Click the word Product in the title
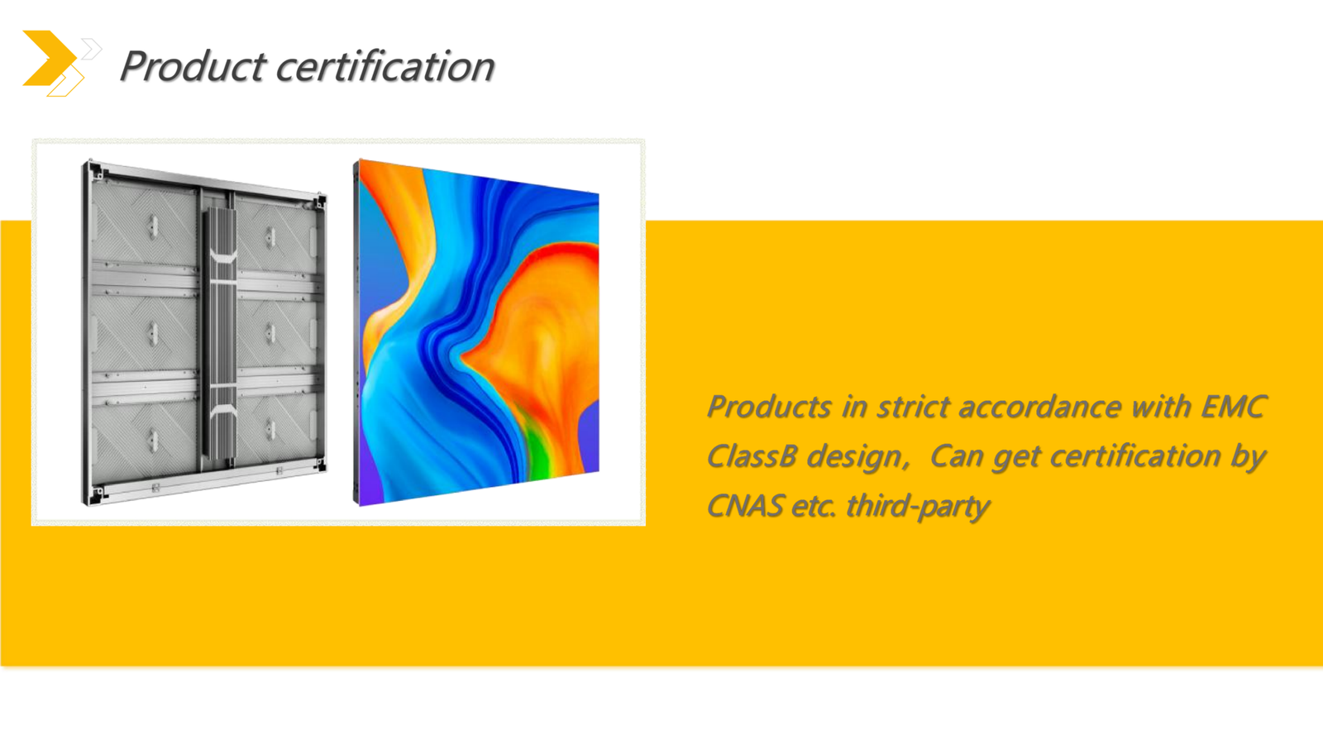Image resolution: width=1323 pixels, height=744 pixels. click(x=193, y=65)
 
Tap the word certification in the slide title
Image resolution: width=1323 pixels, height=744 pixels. click(x=385, y=65)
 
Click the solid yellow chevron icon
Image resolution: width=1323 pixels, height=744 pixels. click(x=50, y=58)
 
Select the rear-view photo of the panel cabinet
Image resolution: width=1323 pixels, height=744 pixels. click(x=203, y=332)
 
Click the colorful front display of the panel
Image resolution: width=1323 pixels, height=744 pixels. click(x=476, y=332)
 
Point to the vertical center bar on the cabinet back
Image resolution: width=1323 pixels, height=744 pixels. click(x=220, y=334)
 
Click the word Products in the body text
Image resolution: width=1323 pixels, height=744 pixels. click(x=770, y=407)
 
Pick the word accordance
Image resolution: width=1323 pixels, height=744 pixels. click(x=1039, y=407)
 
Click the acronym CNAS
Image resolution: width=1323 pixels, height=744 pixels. click(x=745, y=506)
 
